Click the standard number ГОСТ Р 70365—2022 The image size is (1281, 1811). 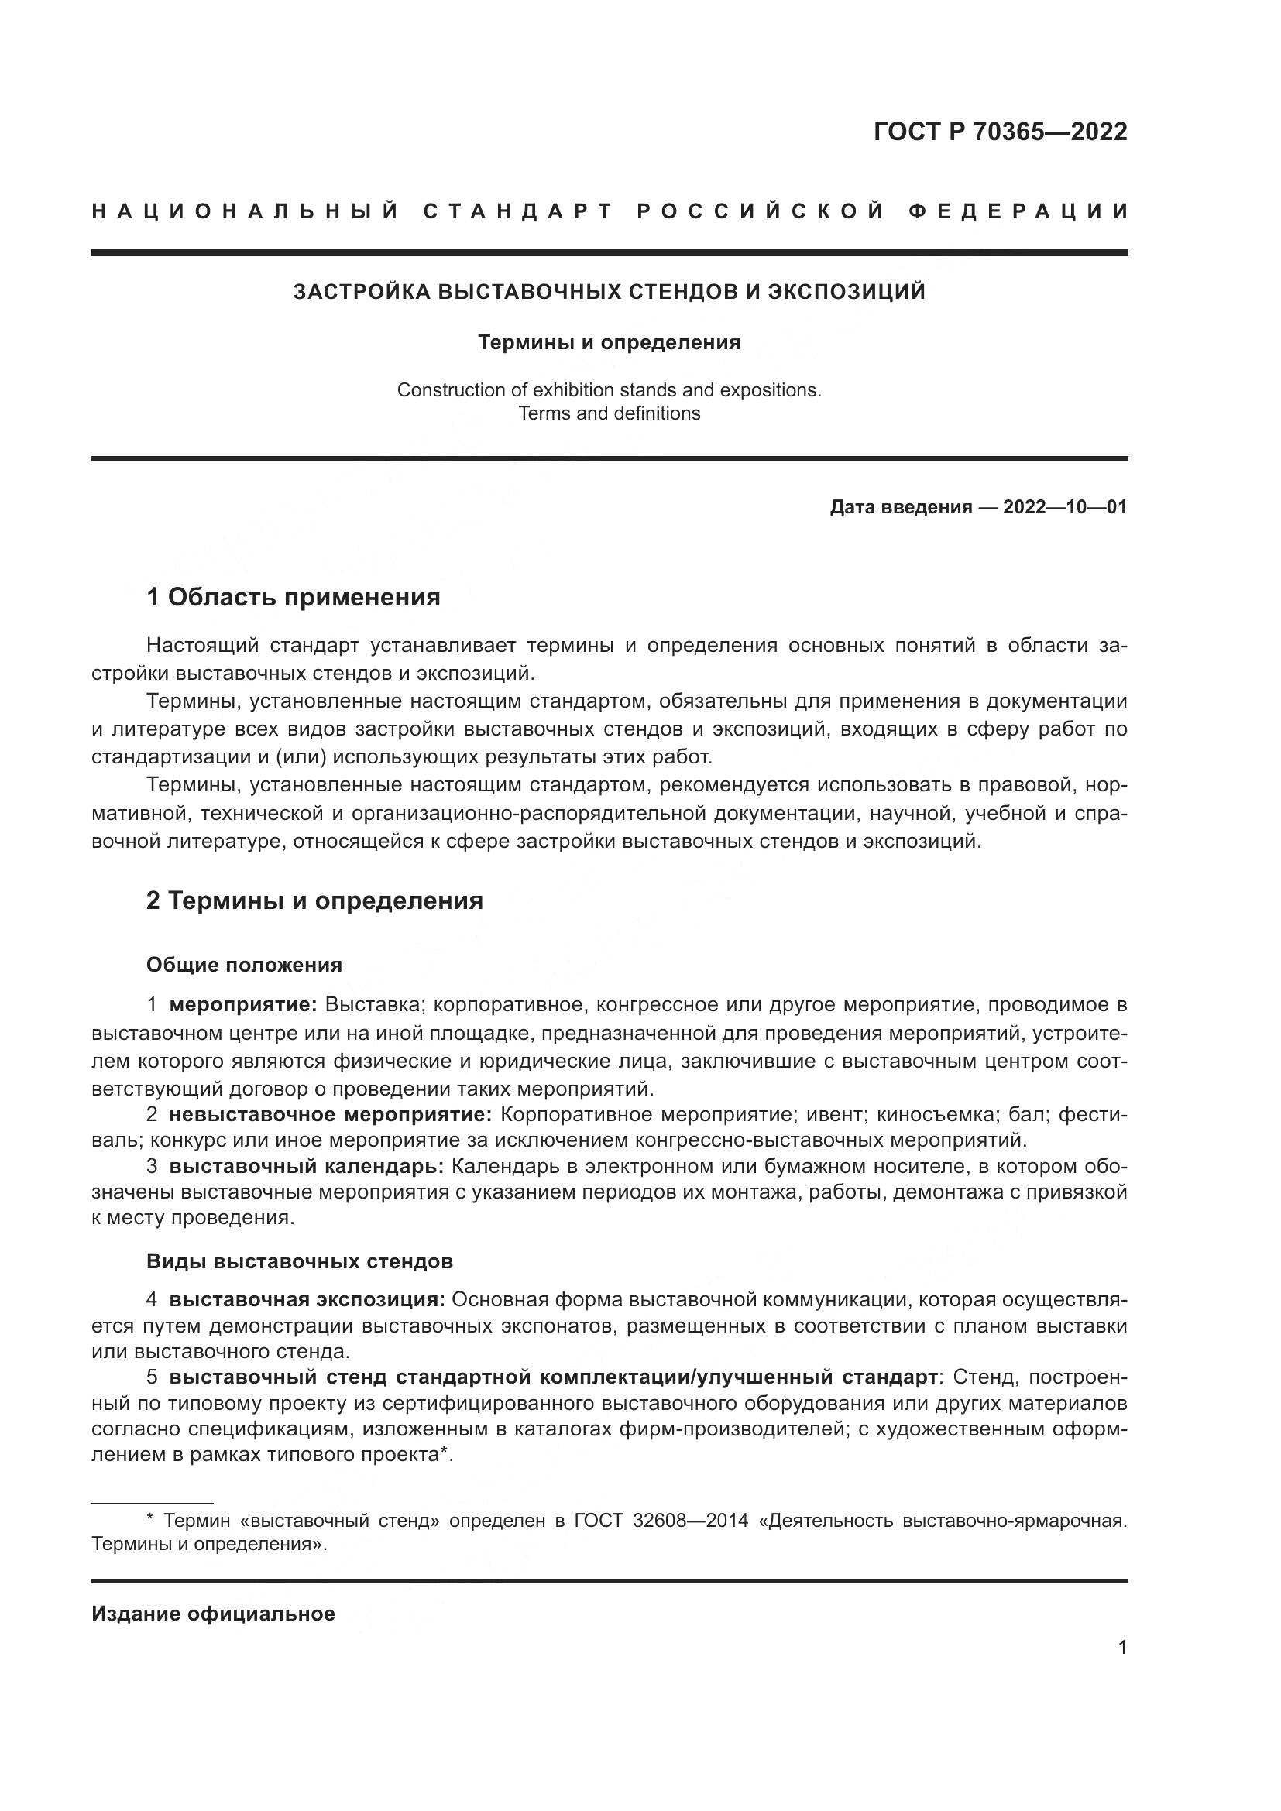coord(999,132)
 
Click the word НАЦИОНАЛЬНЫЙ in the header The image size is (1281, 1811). coord(246,211)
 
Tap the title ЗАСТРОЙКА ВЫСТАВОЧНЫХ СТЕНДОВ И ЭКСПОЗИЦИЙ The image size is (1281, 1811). coord(609,292)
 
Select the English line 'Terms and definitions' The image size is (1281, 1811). coord(609,413)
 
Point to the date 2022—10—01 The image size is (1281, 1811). coord(1064,507)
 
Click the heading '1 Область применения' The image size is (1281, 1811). coord(293,597)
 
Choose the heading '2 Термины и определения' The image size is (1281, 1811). coord(314,900)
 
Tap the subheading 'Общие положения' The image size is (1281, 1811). coord(244,965)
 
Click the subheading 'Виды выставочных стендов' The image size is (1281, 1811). coord(299,1261)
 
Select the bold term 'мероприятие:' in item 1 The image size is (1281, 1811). coord(243,1005)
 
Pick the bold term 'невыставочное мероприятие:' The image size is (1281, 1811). coord(331,1114)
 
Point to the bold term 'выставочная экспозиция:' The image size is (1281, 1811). coord(307,1300)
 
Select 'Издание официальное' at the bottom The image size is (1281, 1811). coord(213,1614)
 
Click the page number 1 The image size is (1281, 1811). coord(1122,1647)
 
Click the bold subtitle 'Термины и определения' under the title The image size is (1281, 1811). coord(609,342)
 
